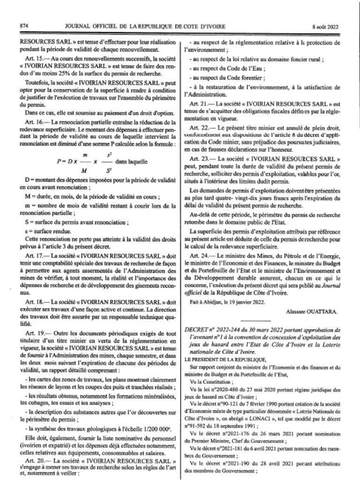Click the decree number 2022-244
(224, 324)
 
